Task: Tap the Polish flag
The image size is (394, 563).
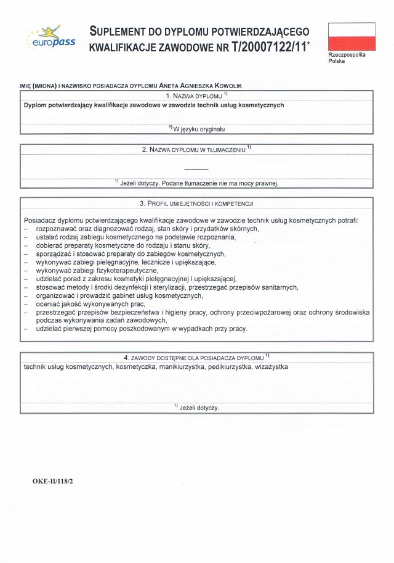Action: click(352, 36)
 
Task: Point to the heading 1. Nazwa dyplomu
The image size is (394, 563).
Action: click(196, 96)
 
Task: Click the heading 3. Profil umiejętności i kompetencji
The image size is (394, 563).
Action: click(196, 203)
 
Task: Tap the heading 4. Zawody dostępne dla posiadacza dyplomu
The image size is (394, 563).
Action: click(196, 358)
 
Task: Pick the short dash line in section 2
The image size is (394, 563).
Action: click(196, 169)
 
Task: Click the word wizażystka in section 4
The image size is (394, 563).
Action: click(270, 367)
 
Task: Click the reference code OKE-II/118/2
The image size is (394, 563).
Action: click(54, 479)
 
